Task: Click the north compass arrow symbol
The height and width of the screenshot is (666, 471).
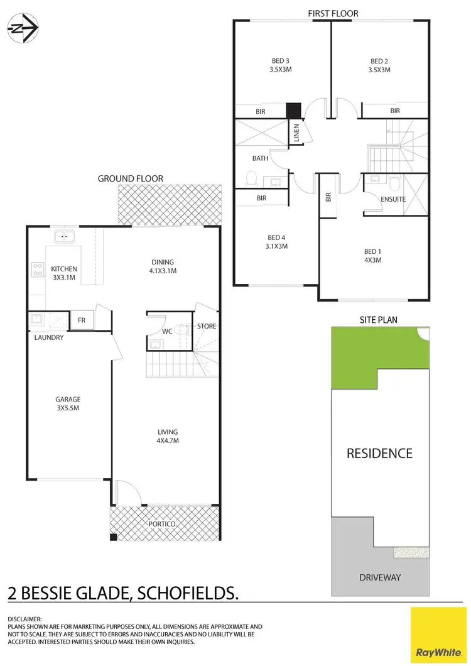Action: (x=23, y=28)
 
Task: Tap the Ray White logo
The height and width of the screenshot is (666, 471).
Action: (x=439, y=634)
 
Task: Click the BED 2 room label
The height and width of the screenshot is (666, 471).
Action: (x=379, y=65)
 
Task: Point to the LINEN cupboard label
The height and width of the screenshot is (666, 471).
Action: (x=297, y=133)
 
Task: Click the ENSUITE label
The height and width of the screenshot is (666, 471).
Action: (x=393, y=199)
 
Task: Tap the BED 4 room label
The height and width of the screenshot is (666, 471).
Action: (x=276, y=242)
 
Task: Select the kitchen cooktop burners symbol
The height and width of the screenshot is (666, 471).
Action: (x=36, y=270)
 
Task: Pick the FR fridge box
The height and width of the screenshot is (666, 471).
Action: (x=81, y=320)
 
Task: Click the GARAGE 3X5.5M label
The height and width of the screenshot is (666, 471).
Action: (x=67, y=403)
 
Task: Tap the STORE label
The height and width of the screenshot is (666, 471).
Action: (x=207, y=326)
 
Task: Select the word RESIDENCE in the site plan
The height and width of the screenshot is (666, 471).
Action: (x=379, y=453)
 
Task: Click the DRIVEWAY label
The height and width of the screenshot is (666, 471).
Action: (x=379, y=577)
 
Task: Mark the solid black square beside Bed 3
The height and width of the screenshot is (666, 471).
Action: (x=293, y=111)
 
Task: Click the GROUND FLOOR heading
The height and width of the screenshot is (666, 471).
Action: (x=130, y=178)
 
